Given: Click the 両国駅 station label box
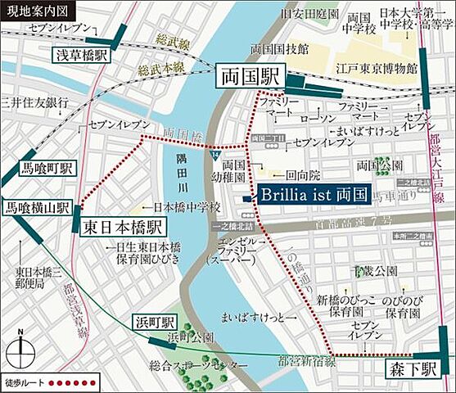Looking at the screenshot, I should [x=250, y=78].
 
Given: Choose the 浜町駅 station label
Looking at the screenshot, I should [x=154, y=321].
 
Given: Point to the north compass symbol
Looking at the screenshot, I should [x=19, y=350].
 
